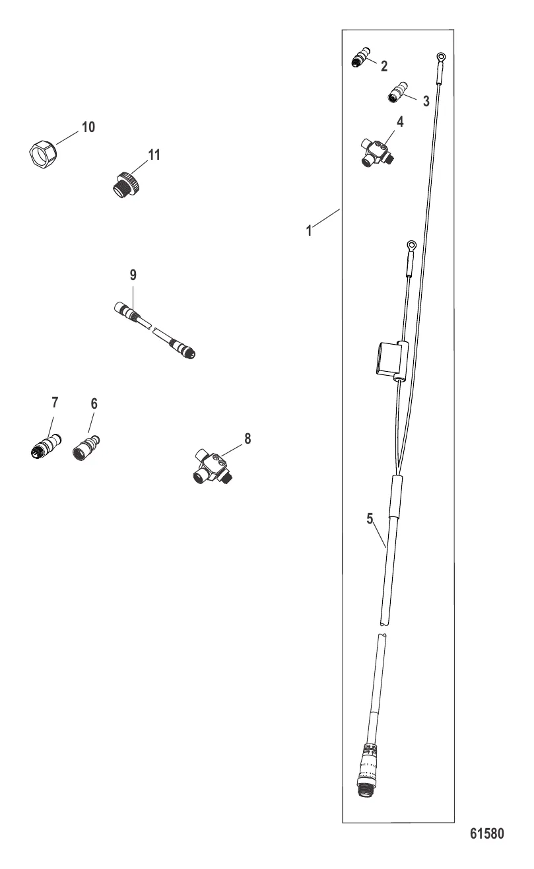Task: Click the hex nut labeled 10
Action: point(43,153)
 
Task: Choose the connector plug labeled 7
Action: point(46,445)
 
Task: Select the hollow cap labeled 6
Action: point(86,447)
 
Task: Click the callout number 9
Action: point(133,275)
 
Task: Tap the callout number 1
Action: point(309,231)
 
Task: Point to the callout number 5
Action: point(370,518)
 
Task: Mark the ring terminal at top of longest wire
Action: point(441,57)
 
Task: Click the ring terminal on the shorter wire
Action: point(411,245)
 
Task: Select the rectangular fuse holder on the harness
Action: point(391,358)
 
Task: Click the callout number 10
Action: point(88,127)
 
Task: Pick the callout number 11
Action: point(154,155)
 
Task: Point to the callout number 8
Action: point(248,438)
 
